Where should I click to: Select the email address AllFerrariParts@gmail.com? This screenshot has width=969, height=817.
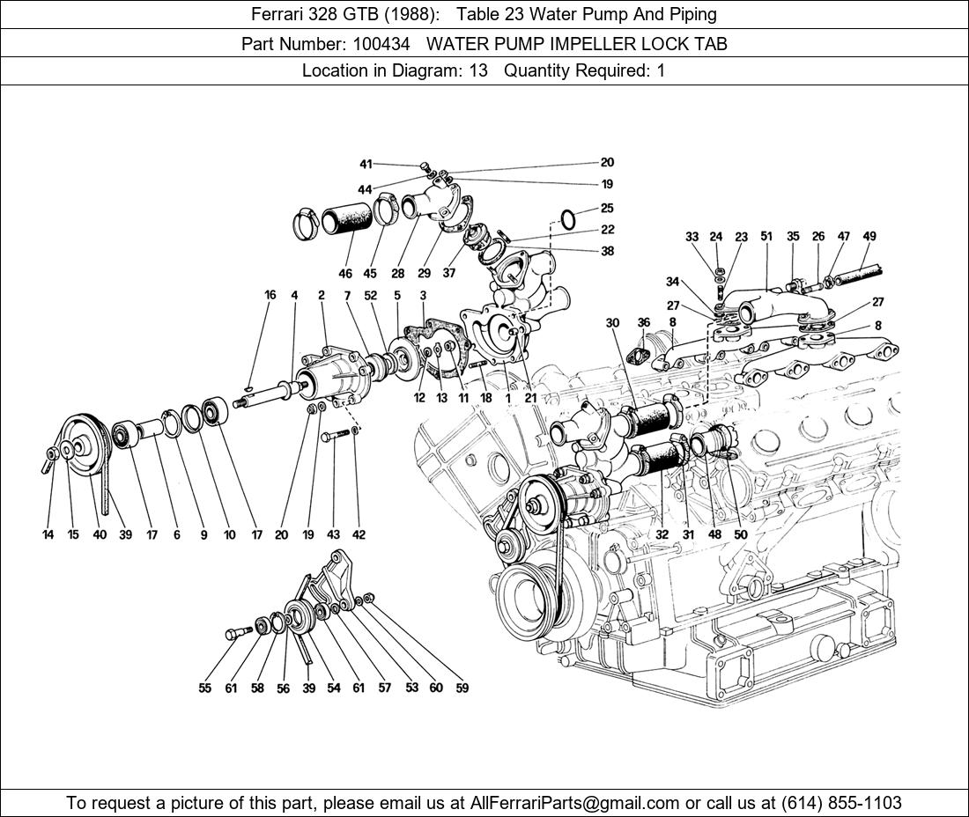click(x=573, y=802)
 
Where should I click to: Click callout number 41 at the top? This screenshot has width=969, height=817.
click(x=366, y=164)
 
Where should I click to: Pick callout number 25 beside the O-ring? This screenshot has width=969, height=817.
click(x=607, y=209)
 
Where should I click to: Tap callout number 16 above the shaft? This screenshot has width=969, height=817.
click(x=270, y=295)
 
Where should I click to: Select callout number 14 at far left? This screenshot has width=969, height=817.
click(x=48, y=534)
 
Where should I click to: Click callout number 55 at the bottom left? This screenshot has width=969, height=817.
click(x=204, y=688)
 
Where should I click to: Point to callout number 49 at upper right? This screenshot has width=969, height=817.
click(x=869, y=236)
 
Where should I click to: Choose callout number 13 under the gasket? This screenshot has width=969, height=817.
click(x=441, y=398)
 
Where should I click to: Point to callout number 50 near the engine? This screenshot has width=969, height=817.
click(x=740, y=534)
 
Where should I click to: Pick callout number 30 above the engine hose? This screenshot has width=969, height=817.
click(x=612, y=323)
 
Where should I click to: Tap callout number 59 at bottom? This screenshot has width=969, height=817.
click(x=462, y=688)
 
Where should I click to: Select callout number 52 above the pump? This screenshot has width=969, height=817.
click(x=371, y=295)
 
